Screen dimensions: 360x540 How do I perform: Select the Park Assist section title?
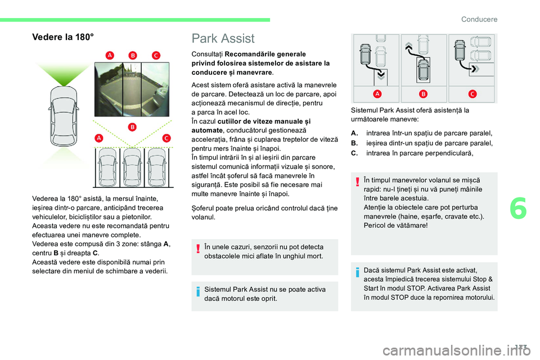tap(223, 38)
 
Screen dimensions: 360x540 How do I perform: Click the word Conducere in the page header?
tap(479, 19)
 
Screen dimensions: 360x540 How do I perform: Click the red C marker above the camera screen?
tap(155, 55)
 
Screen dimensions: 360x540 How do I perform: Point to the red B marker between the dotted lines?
tap(133, 127)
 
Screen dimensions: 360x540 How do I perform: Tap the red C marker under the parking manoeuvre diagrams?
tap(471, 93)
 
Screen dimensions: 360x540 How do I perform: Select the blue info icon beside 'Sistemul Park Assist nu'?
tap(198, 294)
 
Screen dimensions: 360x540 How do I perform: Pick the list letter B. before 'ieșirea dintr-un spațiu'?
tap(354, 143)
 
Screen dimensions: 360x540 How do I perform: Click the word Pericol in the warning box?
tap(376, 225)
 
